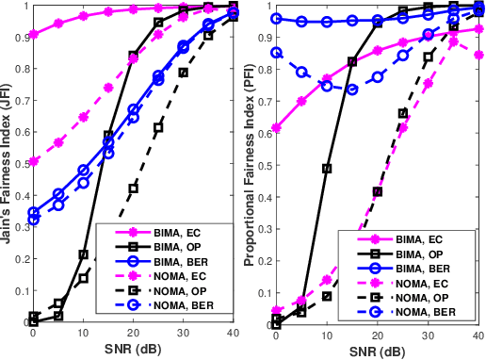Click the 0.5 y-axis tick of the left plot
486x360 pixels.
point(21,164)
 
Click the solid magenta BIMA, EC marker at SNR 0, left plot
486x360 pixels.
point(34,35)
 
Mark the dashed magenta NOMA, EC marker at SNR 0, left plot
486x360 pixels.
point(34,161)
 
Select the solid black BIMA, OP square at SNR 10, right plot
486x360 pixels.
point(327,169)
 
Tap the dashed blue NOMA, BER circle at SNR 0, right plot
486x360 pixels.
point(276,53)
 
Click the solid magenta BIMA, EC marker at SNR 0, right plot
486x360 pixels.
point(276,128)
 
